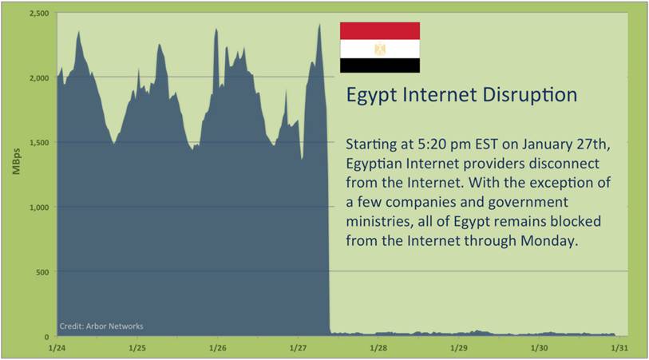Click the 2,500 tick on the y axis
tap(39, 14)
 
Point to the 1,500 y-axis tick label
tap(39, 143)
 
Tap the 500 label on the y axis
tap(42, 272)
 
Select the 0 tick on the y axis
tap(47, 337)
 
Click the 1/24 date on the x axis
tap(57, 348)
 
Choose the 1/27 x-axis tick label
tap(298, 348)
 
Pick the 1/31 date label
tap(619, 348)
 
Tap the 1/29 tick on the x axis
tap(458, 348)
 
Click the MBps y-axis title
tap(17, 161)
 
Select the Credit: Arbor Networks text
tap(101, 326)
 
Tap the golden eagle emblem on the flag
tap(380, 49)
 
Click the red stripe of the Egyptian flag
tap(380, 31)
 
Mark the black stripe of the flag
tap(380, 65)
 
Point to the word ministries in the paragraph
tap(379, 221)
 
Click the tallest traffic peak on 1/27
tap(319, 25)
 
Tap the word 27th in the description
tap(595, 144)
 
